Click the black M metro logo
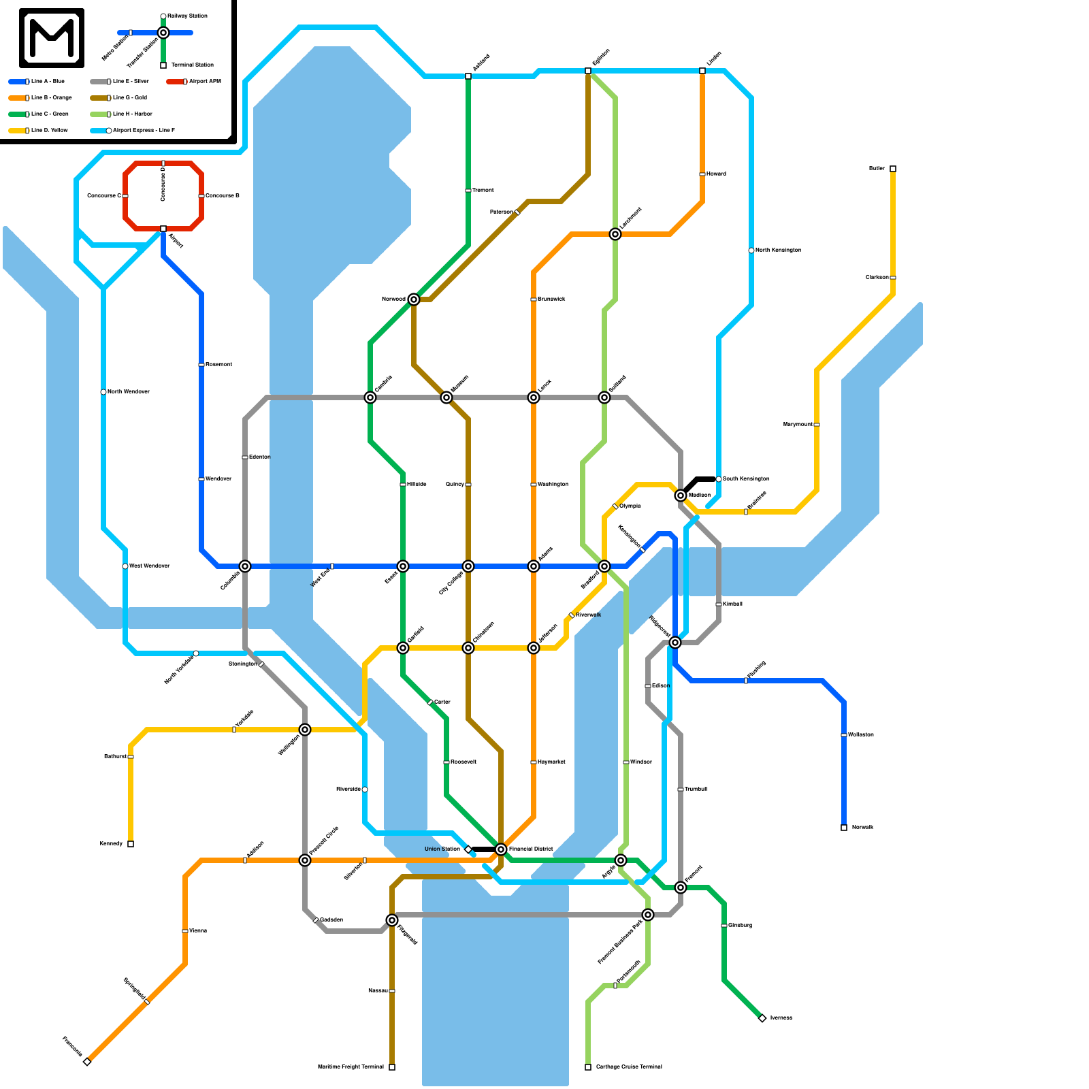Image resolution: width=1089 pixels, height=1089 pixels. click(x=52, y=38)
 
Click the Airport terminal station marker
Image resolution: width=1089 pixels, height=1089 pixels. click(x=163, y=229)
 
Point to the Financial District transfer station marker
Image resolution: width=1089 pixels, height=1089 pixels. click(x=501, y=849)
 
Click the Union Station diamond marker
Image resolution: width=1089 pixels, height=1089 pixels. click(x=468, y=849)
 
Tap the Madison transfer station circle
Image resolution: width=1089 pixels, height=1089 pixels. click(x=681, y=495)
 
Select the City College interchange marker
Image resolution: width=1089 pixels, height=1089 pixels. click(x=468, y=566)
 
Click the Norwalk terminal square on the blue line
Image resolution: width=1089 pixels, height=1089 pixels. click(x=844, y=828)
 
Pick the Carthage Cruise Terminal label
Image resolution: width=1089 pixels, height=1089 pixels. click(x=629, y=1067)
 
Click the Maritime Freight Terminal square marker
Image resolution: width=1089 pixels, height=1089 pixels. click(x=392, y=1067)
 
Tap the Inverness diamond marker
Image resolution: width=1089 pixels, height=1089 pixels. click(x=762, y=1018)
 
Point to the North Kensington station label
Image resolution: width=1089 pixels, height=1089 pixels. click(x=778, y=250)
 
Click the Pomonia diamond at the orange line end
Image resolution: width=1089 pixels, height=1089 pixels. click(x=87, y=1062)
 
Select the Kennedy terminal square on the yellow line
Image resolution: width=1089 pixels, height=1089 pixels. click(x=131, y=844)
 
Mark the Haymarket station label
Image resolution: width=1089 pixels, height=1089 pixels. click(x=551, y=762)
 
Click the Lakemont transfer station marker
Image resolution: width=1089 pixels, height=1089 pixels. click(x=615, y=234)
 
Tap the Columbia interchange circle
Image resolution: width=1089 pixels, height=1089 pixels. click(x=245, y=566)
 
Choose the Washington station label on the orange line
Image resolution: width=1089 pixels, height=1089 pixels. click(x=553, y=485)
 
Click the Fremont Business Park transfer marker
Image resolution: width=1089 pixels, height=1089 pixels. click(x=648, y=915)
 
